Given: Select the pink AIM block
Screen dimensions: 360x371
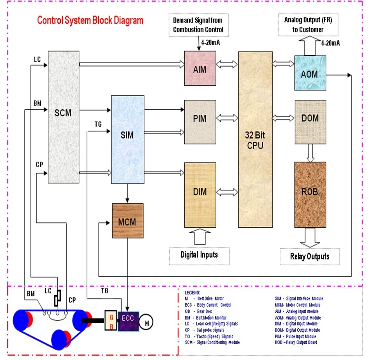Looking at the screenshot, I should [x=200, y=69].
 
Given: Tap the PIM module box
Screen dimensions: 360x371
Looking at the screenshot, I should [x=200, y=118].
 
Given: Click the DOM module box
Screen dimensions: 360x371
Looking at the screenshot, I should [x=310, y=117].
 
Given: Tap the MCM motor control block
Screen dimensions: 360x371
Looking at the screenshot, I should [x=128, y=221].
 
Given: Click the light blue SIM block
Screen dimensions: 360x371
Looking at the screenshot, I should [x=128, y=134].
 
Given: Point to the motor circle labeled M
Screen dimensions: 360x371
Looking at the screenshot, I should [x=147, y=322].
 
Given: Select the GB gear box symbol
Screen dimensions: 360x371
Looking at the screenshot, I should [x=111, y=320].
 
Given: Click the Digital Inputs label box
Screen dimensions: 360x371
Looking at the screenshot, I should [x=199, y=255].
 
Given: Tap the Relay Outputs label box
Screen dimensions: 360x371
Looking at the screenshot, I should [x=309, y=256].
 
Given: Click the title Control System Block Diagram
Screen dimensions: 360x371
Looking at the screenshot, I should [x=90, y=20].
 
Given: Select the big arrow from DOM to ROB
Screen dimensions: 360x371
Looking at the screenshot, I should [x=310, y=153].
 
